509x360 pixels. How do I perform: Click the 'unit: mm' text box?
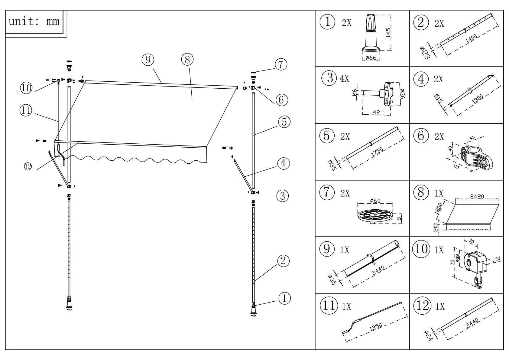34,21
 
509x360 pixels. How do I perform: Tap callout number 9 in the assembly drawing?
148,60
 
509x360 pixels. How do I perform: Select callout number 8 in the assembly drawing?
187,60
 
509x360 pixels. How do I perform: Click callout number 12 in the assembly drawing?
28,166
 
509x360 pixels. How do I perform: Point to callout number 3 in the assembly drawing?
282,196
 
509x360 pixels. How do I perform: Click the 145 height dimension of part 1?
388,33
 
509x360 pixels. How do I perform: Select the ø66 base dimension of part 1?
371,58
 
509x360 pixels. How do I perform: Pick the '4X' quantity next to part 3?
345,79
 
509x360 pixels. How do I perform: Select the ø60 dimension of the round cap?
375,201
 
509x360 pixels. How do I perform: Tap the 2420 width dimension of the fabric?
477,197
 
